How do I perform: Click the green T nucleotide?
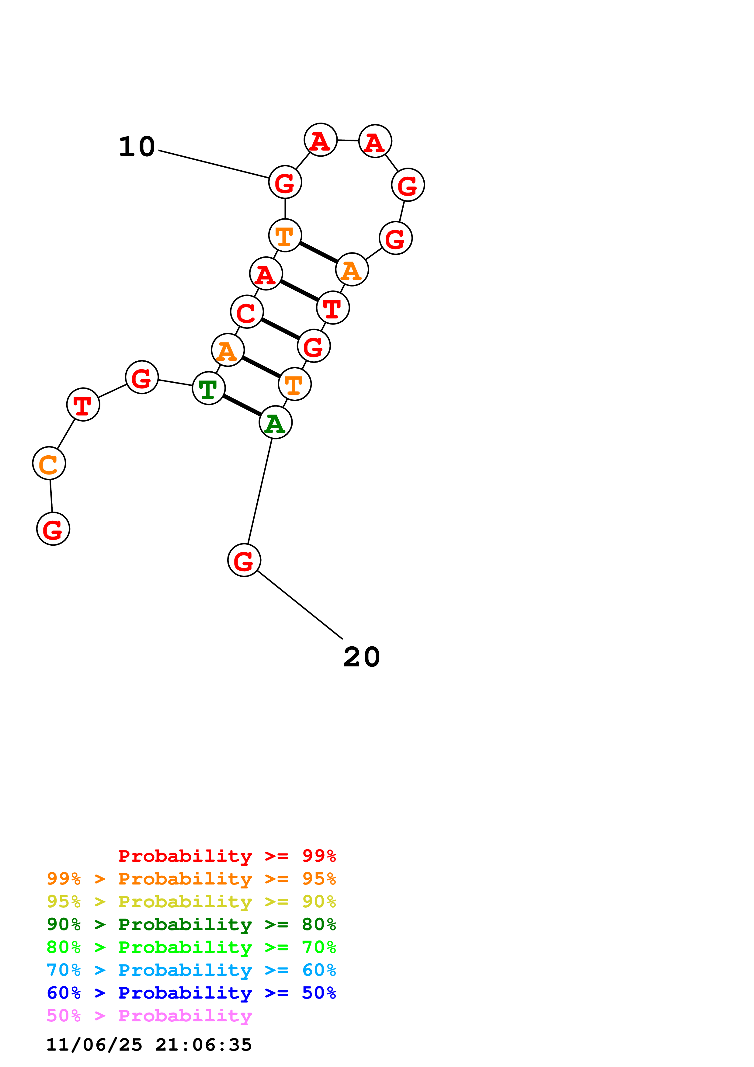tap(209, 388)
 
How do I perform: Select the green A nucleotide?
tap(276, 422)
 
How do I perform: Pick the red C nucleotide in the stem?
tap(247, 312)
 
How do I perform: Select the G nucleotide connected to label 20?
tap(244, 560)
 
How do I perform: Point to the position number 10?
tap(137, 147)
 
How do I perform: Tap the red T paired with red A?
tap(333, 308)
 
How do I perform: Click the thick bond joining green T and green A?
tap(242, 405)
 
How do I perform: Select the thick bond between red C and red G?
tap(280, 329)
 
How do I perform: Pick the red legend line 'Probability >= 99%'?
tap(227, 856)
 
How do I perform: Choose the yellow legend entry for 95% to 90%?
tap(191, 901)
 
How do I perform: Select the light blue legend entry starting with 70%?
tap(191, 970)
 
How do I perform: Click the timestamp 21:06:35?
tap(203, 1045)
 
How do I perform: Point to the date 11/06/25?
tap(94, 1045)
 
